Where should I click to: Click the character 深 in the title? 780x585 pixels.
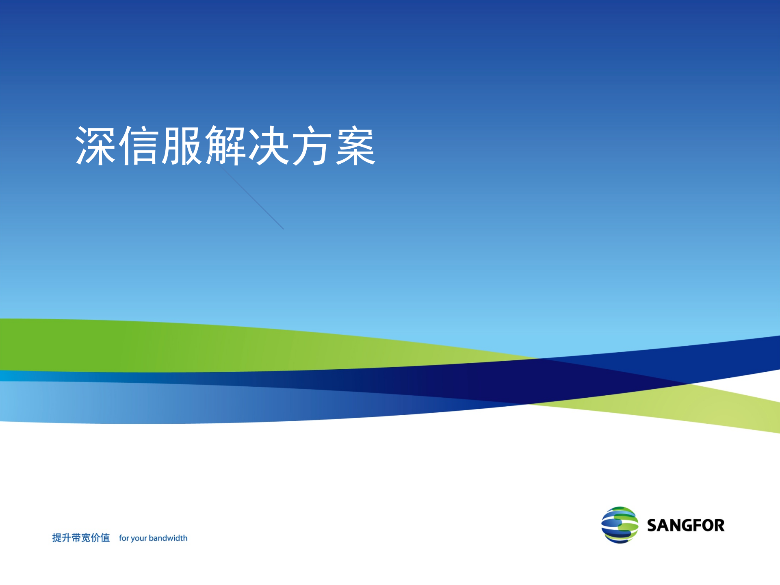pos(96,145)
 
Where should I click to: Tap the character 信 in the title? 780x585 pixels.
pos(139,145)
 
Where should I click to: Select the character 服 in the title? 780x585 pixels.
pos(182,145)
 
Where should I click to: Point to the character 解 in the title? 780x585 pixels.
pos(225,145)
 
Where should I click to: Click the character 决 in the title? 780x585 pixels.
pos(269,145)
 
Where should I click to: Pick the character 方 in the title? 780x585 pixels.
pos(312,145)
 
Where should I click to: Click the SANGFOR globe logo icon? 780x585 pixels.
pos(620,525)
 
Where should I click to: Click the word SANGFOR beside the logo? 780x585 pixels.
pos(686,525)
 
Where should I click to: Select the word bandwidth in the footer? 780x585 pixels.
pos(168,538)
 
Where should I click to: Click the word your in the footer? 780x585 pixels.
pos(139,538)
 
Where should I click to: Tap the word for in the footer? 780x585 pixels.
pos(124,538)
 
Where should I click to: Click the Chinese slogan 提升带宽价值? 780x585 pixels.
pos(81,538)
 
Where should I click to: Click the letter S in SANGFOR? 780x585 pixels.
pos(652,525)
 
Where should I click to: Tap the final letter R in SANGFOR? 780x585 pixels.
pos(719,525)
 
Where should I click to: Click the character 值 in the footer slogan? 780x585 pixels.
pos(105,538)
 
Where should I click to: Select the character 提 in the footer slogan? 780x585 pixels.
pos(56,538)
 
